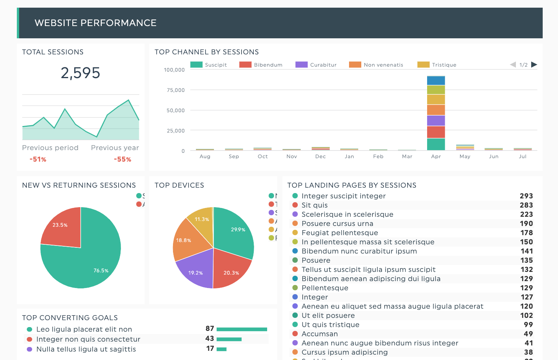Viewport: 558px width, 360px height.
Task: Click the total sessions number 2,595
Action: [80, 73]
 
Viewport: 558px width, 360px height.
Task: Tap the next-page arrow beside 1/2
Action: [534, 64]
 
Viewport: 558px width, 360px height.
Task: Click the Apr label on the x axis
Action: [436, 156]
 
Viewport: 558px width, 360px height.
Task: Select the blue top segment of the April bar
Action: [436, 80]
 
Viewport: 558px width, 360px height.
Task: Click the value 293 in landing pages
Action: [526, 196]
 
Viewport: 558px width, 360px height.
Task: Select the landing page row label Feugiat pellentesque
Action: [339, 232]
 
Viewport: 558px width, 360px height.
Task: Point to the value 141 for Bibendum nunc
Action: [527, 251]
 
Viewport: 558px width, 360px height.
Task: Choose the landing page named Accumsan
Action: [320, 334]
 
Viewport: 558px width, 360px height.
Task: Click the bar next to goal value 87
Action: [241, 329]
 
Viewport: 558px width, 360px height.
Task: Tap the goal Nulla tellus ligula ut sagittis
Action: [86, 349]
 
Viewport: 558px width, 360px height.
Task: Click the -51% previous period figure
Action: [38, 159]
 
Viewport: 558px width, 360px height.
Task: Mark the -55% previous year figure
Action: [122, 159]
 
